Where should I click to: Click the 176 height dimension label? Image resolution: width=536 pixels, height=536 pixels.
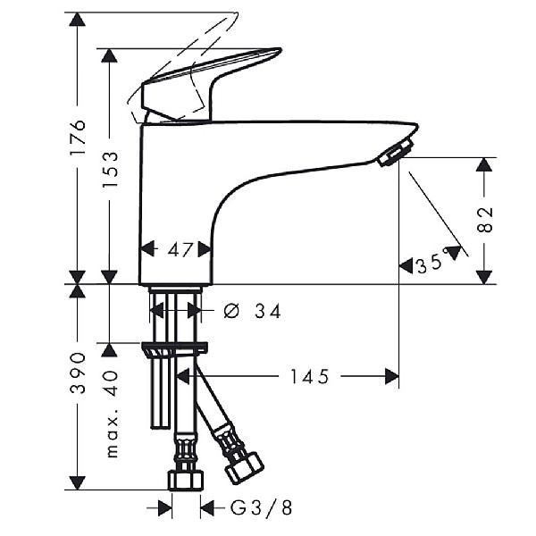[77, 137]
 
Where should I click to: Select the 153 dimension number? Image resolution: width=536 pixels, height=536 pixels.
[111, 170]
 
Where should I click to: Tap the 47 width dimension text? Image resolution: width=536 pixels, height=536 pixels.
[180, 250]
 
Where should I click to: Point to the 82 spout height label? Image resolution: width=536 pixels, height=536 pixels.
[484, 220]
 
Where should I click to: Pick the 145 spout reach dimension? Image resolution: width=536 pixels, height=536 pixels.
[309, 376]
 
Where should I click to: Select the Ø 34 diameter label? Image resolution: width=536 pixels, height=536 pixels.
[252, 312]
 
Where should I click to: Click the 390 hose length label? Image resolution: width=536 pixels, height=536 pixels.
[77, 373]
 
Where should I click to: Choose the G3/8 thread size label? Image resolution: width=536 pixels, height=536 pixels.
[262, 507]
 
